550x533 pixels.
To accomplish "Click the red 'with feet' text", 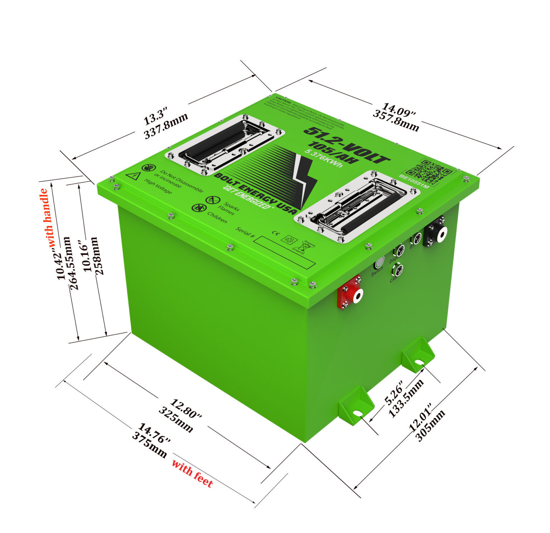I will click(x=192, y=473).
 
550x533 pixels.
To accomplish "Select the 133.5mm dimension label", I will click(x=407, y=398).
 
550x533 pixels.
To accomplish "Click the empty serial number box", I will click(x=284, y=252).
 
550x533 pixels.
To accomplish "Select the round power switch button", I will click(x=378, y=263).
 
